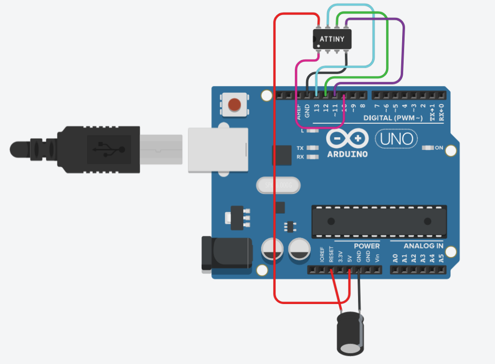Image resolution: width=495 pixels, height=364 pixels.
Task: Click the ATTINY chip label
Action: pos(332,38)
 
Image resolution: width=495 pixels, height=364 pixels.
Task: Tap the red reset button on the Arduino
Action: pos(234,104)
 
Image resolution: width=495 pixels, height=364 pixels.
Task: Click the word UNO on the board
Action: pos(396,140)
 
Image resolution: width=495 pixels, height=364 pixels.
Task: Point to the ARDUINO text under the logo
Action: pos(347,154)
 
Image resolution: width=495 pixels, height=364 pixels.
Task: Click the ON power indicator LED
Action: pos(428,148)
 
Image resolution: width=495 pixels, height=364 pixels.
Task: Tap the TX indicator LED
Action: pos(313,148)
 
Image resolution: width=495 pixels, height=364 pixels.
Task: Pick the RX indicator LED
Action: pos(313,157)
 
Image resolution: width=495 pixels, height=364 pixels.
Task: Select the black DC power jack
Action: pos(226,253)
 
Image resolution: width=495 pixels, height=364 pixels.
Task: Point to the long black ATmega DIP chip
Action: pos(379,221)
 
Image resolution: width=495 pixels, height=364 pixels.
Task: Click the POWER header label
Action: pos(366,246)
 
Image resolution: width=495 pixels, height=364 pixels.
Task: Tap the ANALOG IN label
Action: pos(423,246)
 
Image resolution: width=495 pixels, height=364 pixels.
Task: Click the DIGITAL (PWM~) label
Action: pos(393,118)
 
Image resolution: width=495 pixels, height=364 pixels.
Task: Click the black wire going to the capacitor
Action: pos(359,290)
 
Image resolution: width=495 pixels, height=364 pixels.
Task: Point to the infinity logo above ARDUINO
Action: pos(347,139)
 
